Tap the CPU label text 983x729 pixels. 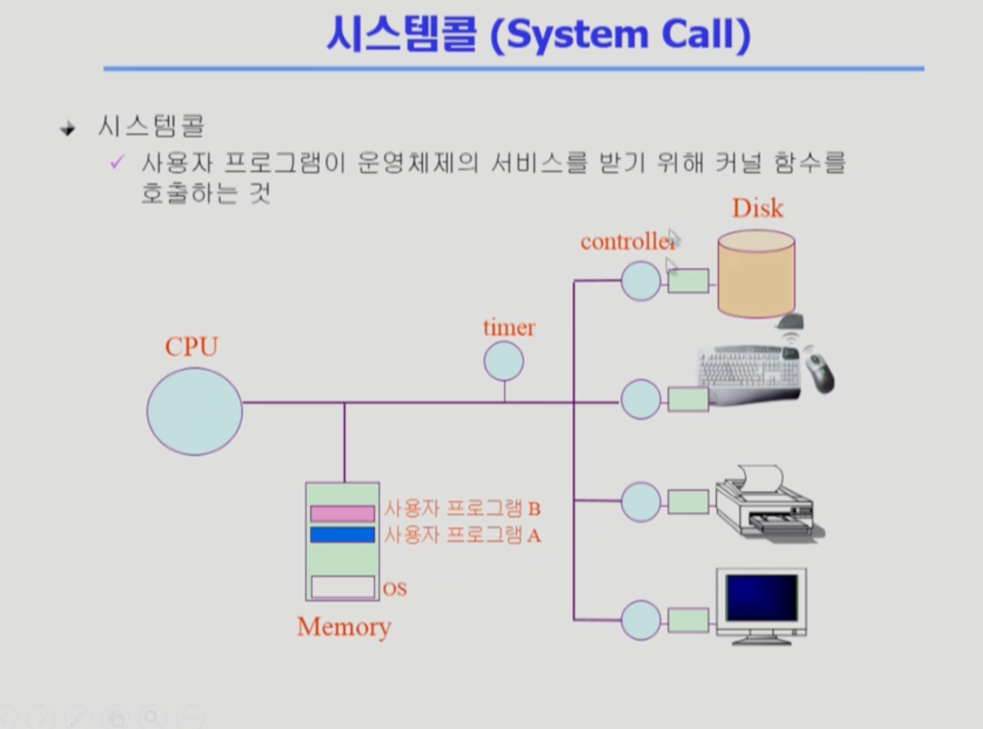click(191, 347)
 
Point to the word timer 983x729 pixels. click(509, 328)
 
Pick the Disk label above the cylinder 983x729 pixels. click(757, 208)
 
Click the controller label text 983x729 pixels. click(627, 242)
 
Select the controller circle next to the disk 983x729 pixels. click(641, 281)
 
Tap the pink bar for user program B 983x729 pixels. click(342, 513)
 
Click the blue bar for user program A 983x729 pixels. click(342, 535)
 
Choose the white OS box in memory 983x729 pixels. click(343, 586)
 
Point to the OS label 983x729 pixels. click(395, 589)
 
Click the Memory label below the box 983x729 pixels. click(344, 627)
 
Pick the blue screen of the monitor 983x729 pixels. click(761, 597)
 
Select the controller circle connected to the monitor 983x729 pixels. click(641, 620)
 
